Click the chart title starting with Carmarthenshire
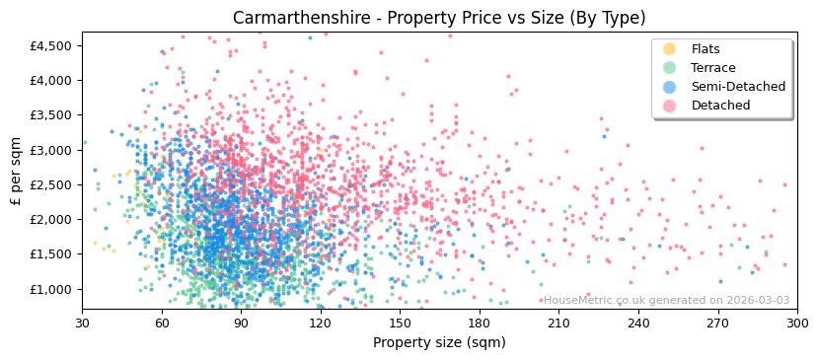[439, 18]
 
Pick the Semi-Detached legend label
[738, 87]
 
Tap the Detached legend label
[722, 106]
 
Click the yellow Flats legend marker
[670, 49]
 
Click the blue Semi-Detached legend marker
[670, 87]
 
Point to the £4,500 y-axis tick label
[51, 45]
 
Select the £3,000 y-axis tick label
[51, 150]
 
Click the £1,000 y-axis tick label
[51, 289]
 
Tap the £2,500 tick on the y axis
[51, 184]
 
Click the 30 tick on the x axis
[82, 323]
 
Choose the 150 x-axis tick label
[400, 323]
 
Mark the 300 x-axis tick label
[796, 323]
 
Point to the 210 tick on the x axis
[558, 323]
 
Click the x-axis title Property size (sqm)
[439, 342]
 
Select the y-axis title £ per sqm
[17, 172]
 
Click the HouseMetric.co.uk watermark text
[666, 300]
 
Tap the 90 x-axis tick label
[241, 323]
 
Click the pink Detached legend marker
[670, 106]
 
